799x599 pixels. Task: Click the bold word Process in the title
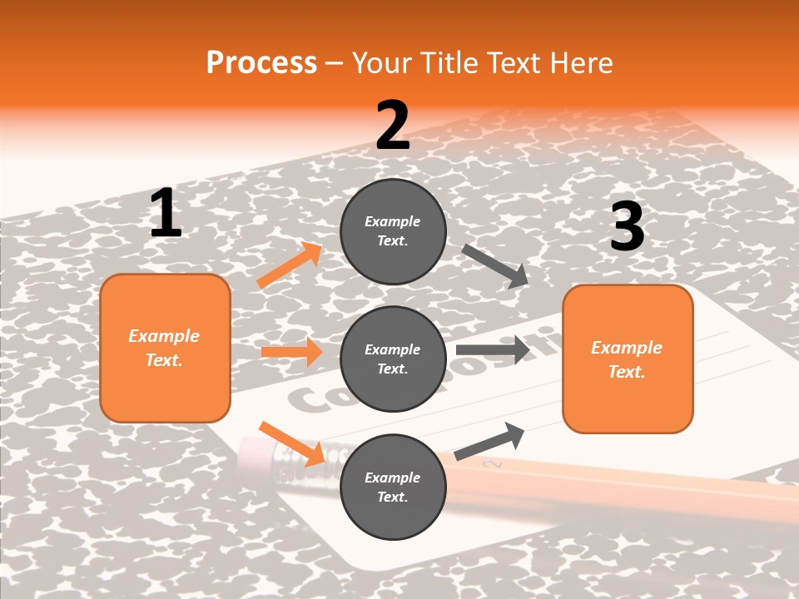pyautogui.click(x=261, y=62)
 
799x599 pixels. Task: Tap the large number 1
pyautogui.click(x=166, y=214)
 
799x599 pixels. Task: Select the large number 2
pyautogui.click(x=393, y=126)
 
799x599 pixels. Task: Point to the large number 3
pyautogui.click(x=627, y=227)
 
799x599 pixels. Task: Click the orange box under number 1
pyautogui.click(x=165, y=348)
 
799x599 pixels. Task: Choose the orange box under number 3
pyautogui.click(x=628, y=359)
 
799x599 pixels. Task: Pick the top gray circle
pyautogui.click(x=393, y=231)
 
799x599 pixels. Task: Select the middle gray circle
pyautogui.click(x=393, y=359)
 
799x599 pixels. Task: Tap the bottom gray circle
pyautogui.click(x=393, y=487)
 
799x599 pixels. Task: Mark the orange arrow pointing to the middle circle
pyautogui.click(x=291, y=352)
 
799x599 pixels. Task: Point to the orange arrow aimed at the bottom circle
pyautogui.click(x=291, y=443)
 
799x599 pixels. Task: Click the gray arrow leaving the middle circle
pyautogui.click(x=493, y=350)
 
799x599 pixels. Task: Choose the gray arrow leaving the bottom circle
pyautogui.click(x=489, y=441)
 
